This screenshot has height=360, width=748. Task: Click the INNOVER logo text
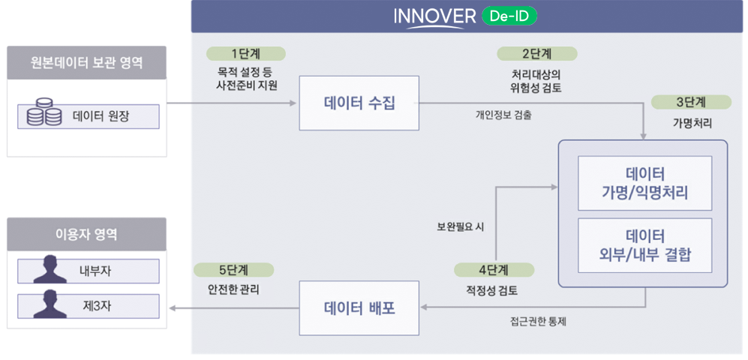click(x=434, y=17)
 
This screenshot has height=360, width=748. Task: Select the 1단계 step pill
click(x=245, y=53)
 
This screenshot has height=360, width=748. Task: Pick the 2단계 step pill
click(x=536, y=53)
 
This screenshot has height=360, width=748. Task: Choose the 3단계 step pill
click(x=691, y=102)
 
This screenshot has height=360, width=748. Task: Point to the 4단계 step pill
click(x=493, y=270)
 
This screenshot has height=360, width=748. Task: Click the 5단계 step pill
click(x=233, y=269)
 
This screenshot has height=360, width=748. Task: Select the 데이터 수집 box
click(x=359, y=103)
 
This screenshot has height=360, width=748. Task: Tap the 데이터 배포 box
click(x=359, y=308)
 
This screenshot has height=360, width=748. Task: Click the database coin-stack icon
click(x=44, y=116)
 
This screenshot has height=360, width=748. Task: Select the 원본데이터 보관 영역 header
click(x=86, y=61)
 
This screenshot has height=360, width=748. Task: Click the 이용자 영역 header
click(x=86, y=234)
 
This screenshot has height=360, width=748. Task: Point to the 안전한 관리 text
click(x=233, y=288)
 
